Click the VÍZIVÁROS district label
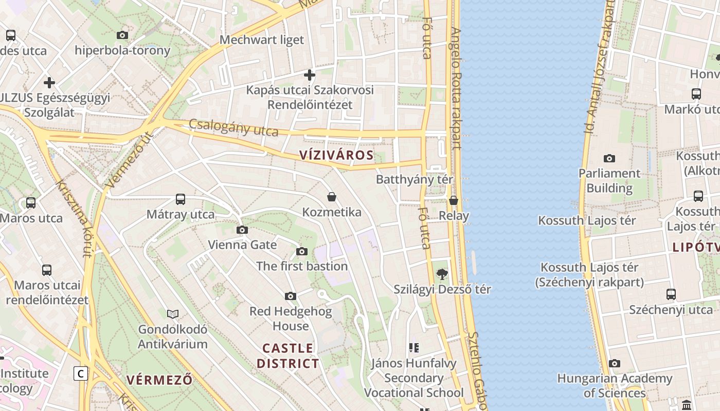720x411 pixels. [336, 155]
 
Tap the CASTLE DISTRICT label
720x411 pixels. [287, 356]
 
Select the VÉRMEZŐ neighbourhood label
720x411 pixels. [159, 380]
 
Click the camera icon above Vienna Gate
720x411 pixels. [242, 230]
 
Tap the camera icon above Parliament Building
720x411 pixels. [609, 158]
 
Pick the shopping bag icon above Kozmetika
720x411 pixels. [332, 197]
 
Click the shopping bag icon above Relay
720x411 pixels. [453, 200]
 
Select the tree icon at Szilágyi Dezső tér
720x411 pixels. [442, 274]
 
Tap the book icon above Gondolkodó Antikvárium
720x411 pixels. [173, 314]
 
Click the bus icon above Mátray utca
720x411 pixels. [180, 199]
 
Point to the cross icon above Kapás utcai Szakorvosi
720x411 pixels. [309, 75]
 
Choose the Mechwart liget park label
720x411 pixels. [262, 40]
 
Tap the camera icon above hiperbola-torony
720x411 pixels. [122, 35]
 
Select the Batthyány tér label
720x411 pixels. [415, 179]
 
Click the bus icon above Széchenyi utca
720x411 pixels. [671, 294]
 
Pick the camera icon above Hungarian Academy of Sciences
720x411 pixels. [615, 364]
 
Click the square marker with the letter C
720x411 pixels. [81, 373]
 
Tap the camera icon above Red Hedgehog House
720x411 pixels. [291, 296]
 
